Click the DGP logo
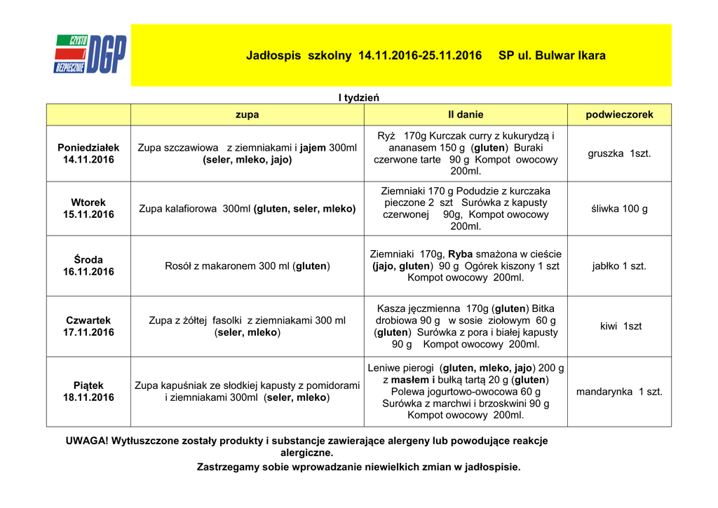90,55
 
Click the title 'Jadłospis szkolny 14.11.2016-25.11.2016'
364,55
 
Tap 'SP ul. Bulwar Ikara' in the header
552,55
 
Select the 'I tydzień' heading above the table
358,97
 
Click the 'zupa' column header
247,114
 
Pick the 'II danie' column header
466,114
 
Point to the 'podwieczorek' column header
619,114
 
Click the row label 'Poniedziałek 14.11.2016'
88,153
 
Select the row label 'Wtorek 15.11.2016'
88,209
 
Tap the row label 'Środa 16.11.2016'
88,266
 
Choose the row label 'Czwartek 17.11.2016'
88,327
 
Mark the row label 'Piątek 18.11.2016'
88,392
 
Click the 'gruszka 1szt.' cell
619,153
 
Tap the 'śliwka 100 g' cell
619,209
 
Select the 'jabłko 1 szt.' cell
619,266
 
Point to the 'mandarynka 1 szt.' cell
619,392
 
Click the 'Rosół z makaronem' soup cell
247,266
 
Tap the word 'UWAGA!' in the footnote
87,441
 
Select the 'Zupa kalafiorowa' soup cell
247,209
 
